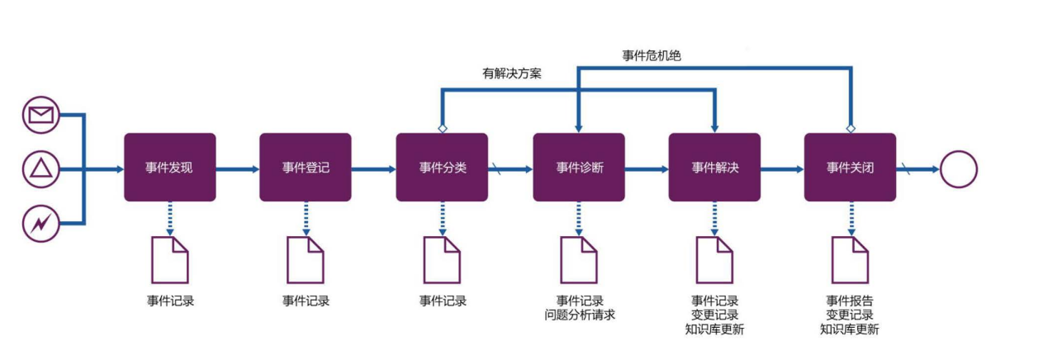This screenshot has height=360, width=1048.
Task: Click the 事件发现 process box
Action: [169, 168]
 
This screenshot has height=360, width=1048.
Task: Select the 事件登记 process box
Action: [306, 168]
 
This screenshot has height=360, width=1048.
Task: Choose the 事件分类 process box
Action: [442, 168]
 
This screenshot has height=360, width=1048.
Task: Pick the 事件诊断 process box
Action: [579, 168]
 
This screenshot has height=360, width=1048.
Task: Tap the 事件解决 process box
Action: [714, 168]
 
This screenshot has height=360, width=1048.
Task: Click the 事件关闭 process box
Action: [850, 168]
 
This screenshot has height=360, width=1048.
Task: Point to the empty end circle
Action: [958, 169]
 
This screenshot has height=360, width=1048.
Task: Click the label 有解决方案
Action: [512, 73]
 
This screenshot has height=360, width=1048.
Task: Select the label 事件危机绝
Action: [651, 55]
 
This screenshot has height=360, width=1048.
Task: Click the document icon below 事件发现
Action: [169, 259]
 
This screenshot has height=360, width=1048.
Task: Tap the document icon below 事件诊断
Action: [579, 259]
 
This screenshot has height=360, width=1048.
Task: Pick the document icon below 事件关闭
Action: [850, 259]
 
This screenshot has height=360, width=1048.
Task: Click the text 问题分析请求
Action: [579, 315]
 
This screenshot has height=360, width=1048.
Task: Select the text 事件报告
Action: [850, 301]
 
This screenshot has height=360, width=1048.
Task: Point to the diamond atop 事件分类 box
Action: [443, 129]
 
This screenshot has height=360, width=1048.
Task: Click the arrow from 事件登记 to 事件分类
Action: [373, 169]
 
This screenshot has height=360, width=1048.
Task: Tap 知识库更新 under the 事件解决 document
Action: [714, 329]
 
